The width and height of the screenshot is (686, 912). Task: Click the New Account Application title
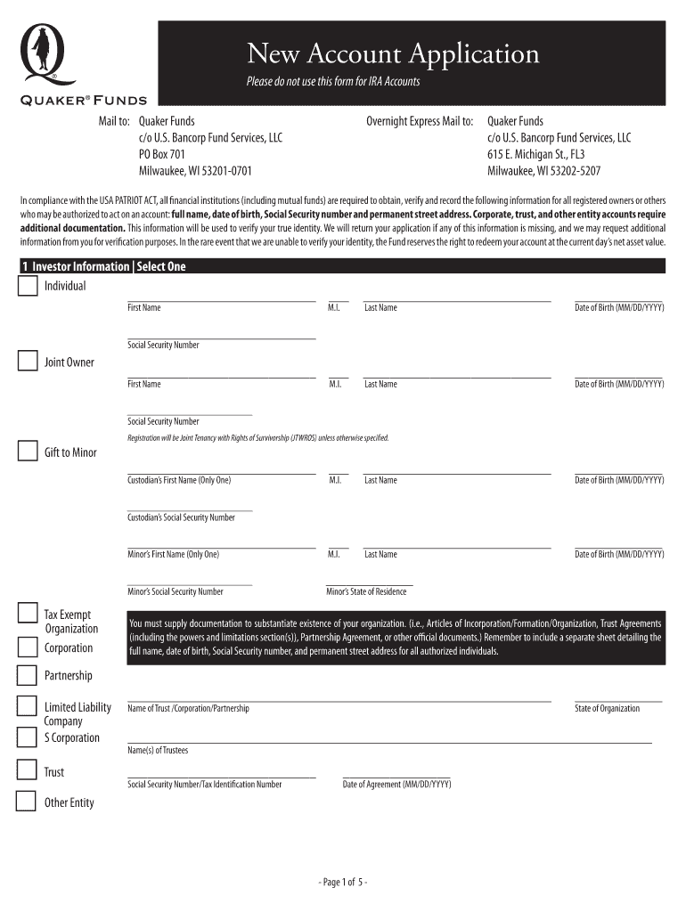393,54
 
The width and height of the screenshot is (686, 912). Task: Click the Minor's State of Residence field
369,583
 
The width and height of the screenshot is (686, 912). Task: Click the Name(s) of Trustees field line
389,741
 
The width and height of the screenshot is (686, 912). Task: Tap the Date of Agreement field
396,777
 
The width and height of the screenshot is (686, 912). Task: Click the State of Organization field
618,701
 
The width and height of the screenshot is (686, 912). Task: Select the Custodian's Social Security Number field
190,509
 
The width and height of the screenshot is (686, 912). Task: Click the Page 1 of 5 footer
343,882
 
